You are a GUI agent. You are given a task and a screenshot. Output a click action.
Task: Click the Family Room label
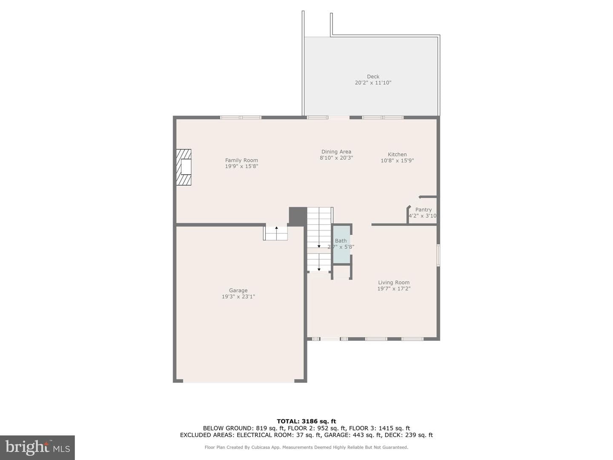tap(241, 160)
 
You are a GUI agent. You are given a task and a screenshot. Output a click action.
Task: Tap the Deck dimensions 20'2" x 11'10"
tap(373, 83)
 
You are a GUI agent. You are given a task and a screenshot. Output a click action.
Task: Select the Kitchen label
tap(397, 155)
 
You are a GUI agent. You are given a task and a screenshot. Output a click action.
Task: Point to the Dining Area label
tap(336, 152)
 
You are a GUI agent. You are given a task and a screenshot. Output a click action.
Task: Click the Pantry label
tap(424, 210)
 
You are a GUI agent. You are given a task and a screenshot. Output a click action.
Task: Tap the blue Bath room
tap(341, 244)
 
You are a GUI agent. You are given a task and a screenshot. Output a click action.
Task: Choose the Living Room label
tap(394, 282)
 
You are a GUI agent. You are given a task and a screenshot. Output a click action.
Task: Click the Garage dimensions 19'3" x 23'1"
tap(238, 296)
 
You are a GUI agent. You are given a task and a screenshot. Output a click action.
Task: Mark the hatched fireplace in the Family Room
tap(184, 167)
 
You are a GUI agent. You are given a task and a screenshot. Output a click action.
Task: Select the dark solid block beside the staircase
tap(298, 216)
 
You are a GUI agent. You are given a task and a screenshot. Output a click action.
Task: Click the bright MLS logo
tap(37, 447)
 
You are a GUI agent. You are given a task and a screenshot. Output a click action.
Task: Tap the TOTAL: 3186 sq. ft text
tap(306, 421)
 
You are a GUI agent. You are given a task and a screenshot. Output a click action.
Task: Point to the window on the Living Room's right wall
tap(438, 255)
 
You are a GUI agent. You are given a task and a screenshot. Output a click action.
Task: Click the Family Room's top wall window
tap(241, 118)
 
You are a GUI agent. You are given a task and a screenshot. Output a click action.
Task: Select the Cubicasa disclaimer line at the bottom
tap(306, 447)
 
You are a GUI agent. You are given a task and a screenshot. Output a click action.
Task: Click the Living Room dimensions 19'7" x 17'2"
tap(394, 288)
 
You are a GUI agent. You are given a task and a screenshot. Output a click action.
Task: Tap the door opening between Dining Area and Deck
tap(339, 118)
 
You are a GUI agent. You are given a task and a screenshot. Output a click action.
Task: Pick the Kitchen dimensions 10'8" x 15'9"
tap(397, 161)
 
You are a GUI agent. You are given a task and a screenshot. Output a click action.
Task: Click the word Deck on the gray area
tap(373, 77)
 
